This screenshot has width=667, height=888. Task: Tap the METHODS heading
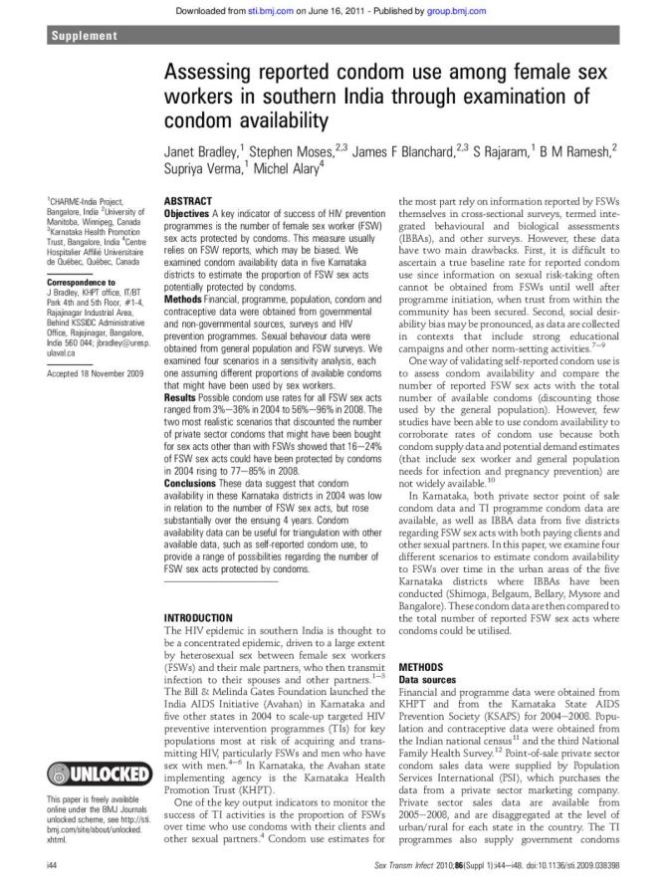pos(421,666)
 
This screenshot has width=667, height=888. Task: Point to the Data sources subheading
pos(429,678)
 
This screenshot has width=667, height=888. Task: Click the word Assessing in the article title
pos(210,75)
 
